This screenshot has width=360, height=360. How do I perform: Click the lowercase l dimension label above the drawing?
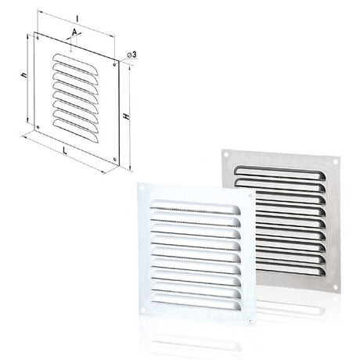[77, 19]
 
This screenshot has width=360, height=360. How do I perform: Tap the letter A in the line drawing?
[74, 32]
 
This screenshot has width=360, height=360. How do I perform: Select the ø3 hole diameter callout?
[131, 55]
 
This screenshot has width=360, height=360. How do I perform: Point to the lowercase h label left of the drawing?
[24, 75]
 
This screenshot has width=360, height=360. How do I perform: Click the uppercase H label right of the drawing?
[127, 117]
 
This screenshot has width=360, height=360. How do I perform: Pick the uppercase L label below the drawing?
[64, 150]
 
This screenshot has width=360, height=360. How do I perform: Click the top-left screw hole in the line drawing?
[38, 38]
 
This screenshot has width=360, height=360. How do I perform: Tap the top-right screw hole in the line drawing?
[114, 64]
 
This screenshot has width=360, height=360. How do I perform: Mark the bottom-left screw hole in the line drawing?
[38, 127]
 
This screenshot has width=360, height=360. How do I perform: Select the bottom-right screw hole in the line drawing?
[115, 159]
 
